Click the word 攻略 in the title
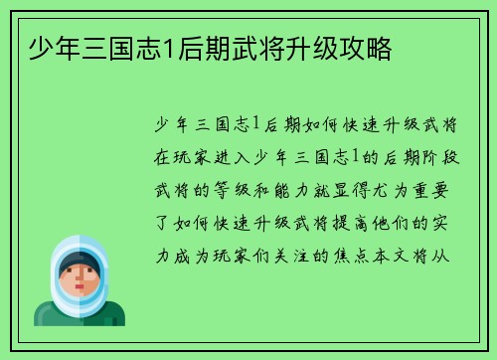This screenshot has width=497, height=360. coord(367,47)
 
